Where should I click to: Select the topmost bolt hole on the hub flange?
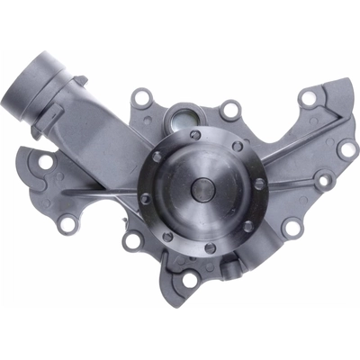click(x=203, y=135)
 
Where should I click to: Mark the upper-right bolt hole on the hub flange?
click(x=238, y=146)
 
